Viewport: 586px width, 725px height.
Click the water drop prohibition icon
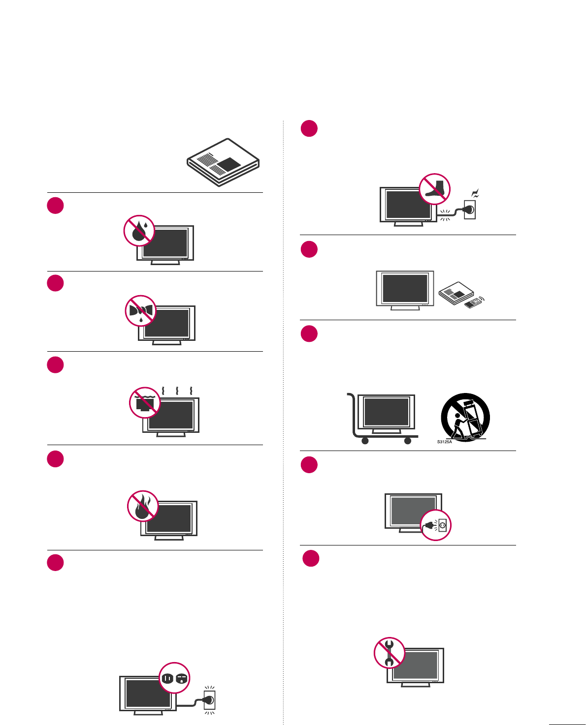click(x=139, y=230)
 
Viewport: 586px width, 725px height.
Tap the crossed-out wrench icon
click(x=390, y=653)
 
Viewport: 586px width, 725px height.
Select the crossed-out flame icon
click(x=143, y=506)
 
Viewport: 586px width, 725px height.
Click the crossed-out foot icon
click(x=435, y=189)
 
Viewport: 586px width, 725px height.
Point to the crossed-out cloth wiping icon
click(x=141, y=311)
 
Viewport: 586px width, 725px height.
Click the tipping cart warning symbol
click(x=465, y=417)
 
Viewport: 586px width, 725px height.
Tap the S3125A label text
click(x=444, y=442)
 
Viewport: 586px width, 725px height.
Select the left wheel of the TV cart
click(x=365, y=441)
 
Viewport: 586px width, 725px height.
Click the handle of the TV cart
click(x=350, y=394)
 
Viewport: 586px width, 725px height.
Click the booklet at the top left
click(x=223, y=162)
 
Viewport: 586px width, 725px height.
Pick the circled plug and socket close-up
click(x=436, y=525)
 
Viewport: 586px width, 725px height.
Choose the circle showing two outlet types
click(x=174, y=678)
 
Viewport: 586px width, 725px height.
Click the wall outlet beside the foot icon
click(x=470, y=209)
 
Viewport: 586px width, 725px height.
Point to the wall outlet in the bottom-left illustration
click(x=210, y=700)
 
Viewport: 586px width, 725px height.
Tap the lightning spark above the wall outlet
click(x=475, y=194)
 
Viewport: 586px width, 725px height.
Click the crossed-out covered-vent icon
click(x=145, y=402)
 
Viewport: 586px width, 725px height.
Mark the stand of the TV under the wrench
click(x=415, y=685)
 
